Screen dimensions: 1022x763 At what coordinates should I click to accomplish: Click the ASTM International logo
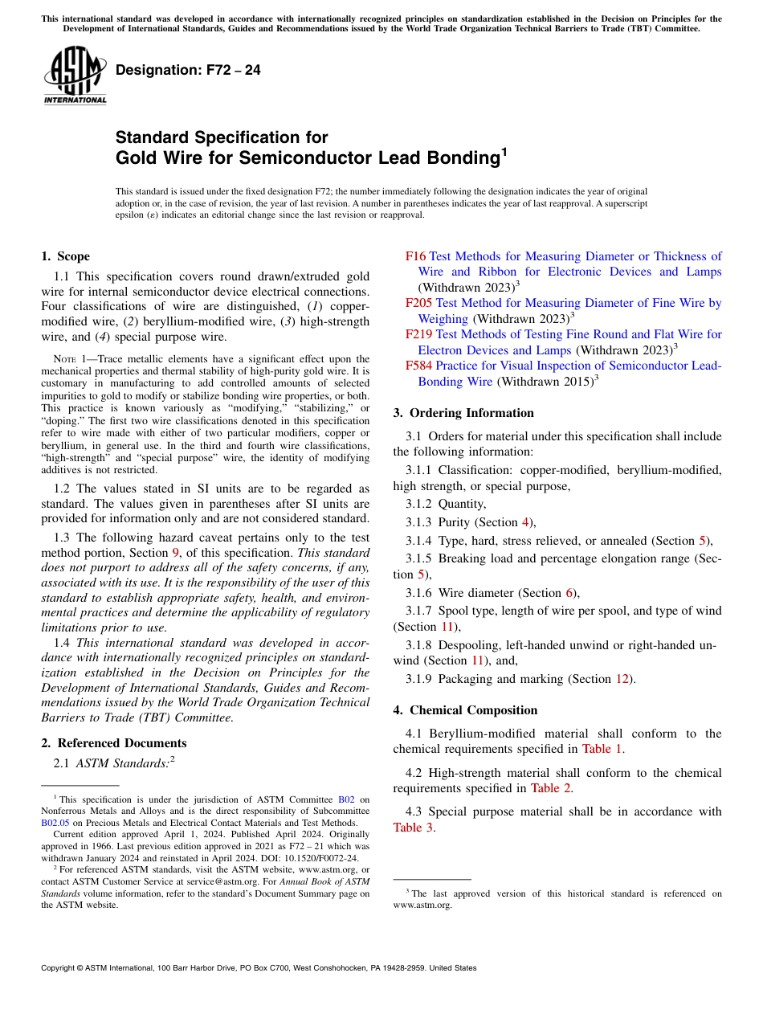(x=75, y=76)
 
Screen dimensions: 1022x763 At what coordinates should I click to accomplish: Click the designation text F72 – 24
(x=188, y=70)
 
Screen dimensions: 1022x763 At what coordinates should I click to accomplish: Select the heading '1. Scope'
(x=65, y=256)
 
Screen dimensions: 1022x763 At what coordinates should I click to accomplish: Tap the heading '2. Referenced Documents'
(x=113, y=743)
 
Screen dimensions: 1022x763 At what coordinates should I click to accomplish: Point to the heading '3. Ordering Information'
(x=463, y=413)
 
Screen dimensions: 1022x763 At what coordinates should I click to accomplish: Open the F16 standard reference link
(x=415, y=256)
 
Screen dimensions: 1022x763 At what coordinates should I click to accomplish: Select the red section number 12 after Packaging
(x=622, y=679)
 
